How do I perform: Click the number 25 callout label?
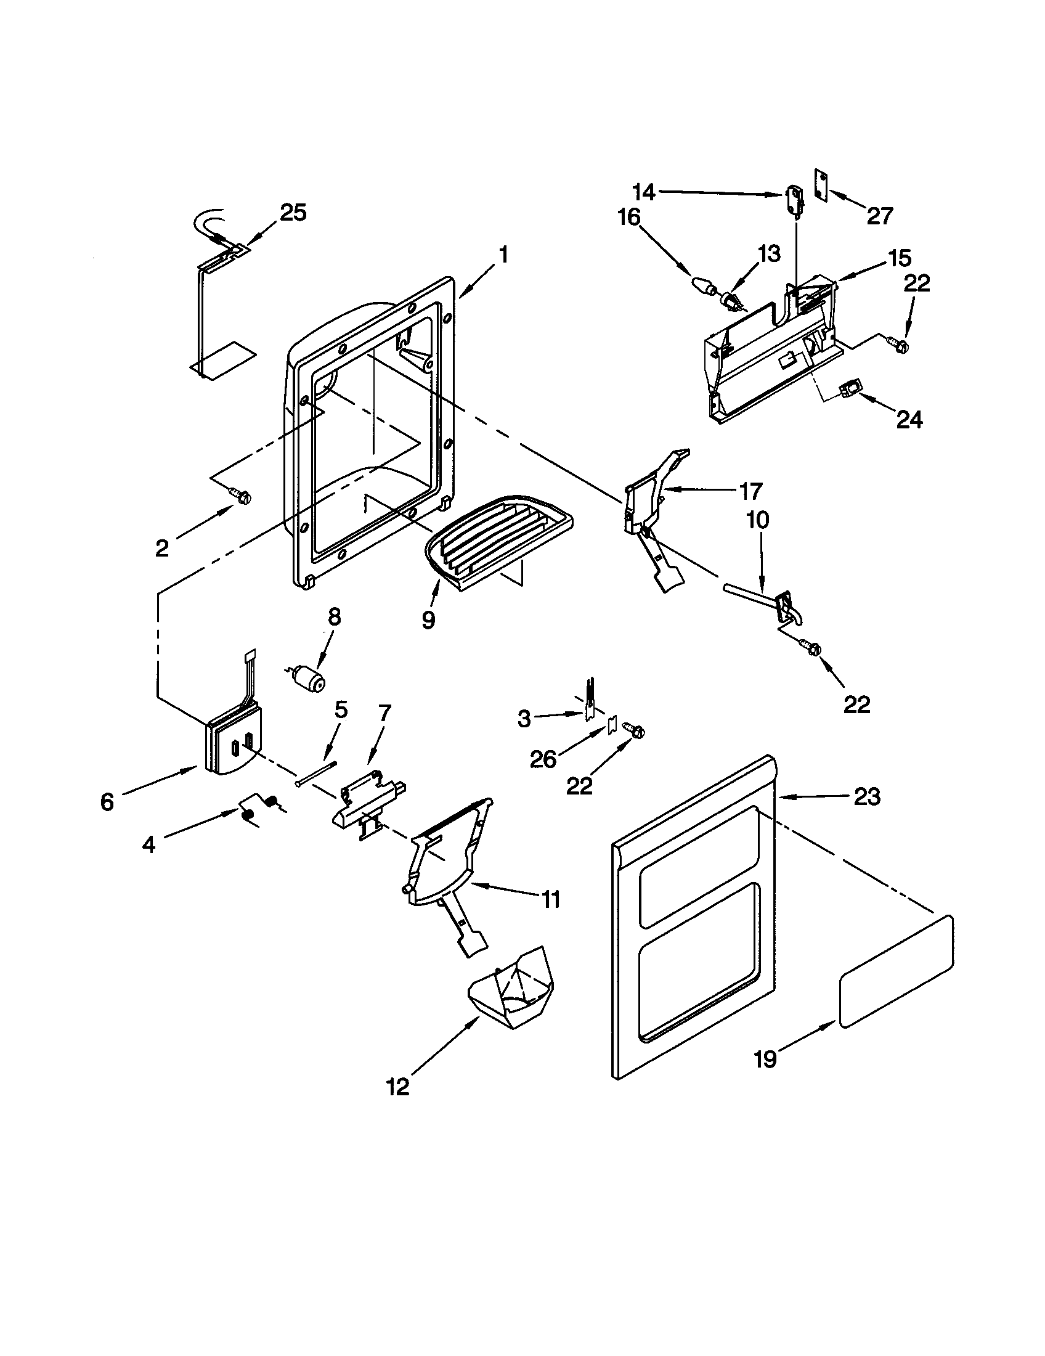pos(293,213)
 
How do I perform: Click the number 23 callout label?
pos(867,796)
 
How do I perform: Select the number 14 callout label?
pos(645,192)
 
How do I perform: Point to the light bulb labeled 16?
pos(703,288)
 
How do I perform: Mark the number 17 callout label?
pos(750,491)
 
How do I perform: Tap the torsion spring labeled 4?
pos(259,809)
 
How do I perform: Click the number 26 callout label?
pos(543,759)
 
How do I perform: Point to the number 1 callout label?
pos(503,255)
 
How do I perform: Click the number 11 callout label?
pos(550,899)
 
